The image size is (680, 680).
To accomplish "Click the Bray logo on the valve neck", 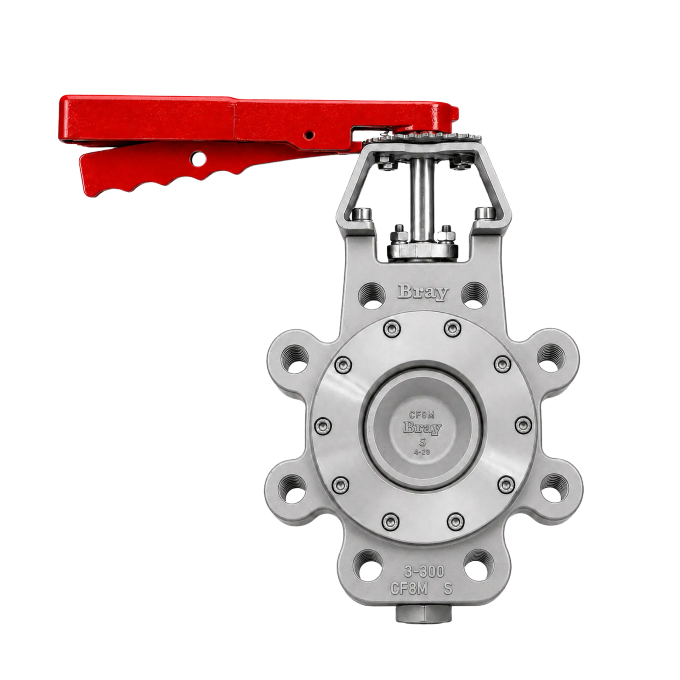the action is (x=423, y=293).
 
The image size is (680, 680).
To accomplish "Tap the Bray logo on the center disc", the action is (x=422, y=428).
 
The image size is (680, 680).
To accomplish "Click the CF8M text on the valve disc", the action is (x=422, y=415).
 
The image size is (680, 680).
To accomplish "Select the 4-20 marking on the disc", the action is (x=422, y=452).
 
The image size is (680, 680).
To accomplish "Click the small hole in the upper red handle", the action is (x=310, y=135).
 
